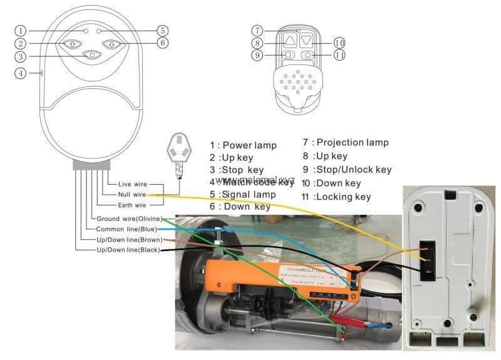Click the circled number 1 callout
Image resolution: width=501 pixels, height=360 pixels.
(x=21, y=30)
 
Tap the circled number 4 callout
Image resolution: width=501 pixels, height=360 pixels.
(x=21, y=73)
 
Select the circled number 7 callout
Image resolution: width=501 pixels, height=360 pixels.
(x=256, y=30)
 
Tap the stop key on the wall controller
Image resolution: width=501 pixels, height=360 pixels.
(x=92, y=55)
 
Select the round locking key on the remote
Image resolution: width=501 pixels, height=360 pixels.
(x=306, y=55)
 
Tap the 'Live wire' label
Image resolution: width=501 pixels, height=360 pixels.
(x=132, y=184)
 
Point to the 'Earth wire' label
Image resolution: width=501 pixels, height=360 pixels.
(x=132, y=205)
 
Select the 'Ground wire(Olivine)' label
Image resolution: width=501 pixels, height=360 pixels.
(x=129, y=219)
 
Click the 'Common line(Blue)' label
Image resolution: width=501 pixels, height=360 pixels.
(x=127, y=229)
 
